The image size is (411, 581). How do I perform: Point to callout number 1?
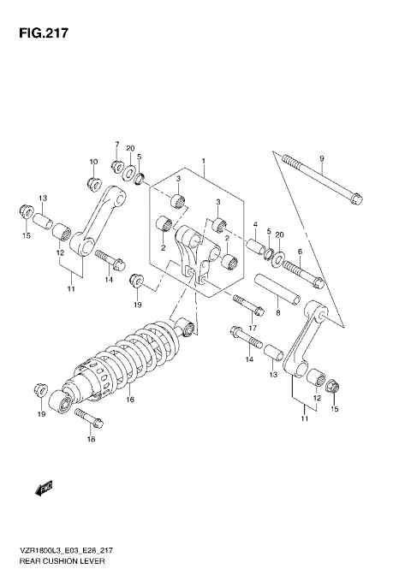pyautogui.click(x=204, y=160)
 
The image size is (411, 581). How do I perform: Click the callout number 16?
pyautogui.click(x=131, y=400)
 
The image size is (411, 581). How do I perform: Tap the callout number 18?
pyautogui.click(x=91, y=440)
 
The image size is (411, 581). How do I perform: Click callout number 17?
pyautogui.click(x=253, y=328)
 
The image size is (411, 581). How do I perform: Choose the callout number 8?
pyautogui.click(x=278, y=313)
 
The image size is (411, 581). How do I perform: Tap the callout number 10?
pyautogui.click(x=93, y=162)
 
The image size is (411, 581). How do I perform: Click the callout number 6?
pyautogui.click(x=300, y=251)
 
